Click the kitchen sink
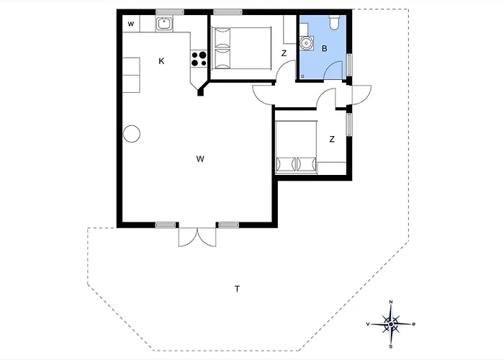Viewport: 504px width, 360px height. pos(165,24)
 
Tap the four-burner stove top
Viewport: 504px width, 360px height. pos(199,59)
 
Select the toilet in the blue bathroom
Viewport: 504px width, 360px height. pos(334,22)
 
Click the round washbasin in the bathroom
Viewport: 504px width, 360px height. pos(305,42)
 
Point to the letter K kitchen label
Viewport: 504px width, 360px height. pos(161,61)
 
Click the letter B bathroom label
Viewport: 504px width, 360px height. pos(324,48)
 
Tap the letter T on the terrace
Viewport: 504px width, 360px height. pos(237,289)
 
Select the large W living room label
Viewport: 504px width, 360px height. pos(200,159)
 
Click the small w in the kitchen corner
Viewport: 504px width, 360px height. pos(131,24)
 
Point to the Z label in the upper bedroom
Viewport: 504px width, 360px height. pos(284,53)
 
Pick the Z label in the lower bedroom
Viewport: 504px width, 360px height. pos(332,139)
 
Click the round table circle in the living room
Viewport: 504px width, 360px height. pos(132,133)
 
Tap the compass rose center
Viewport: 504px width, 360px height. pos(390,324)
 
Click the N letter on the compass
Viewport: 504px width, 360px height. pos(391,302)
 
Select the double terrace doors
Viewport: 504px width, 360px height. pos(197,237)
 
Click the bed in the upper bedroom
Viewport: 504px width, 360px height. pos(242,48)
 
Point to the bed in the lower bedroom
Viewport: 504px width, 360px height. pos(297,147)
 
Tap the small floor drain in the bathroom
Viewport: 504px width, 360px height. pos(302,76)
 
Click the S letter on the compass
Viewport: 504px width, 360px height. pos(391,346)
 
